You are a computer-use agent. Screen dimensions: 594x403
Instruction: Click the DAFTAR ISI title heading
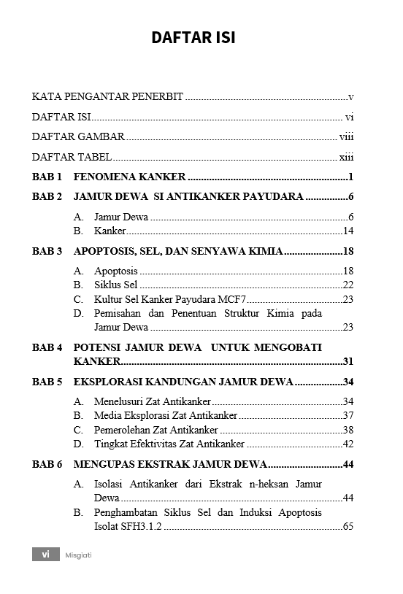point(193,38)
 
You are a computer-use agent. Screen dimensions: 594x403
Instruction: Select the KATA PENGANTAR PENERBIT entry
point(107,96)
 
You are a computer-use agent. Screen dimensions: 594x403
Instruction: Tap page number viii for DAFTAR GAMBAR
point(346,136)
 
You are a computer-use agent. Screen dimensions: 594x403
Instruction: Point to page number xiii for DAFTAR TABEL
point(346,157)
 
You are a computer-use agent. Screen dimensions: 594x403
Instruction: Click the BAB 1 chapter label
point(47,177)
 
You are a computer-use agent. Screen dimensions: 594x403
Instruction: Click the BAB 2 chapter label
point(47,196)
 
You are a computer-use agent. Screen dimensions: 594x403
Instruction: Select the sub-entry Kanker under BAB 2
point(110,231)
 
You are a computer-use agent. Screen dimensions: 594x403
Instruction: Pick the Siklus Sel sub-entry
point(115,285)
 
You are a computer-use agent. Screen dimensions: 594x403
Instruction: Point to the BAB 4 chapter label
point(47,347)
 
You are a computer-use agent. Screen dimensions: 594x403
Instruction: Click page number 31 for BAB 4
point(348,361)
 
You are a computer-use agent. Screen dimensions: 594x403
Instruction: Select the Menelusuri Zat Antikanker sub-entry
point(152,401)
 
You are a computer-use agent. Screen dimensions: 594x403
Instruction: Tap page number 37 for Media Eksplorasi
point(348,415)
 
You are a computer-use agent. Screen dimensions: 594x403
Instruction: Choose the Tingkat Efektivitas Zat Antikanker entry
point(169,444)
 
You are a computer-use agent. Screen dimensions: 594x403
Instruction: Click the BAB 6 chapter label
point(47,464)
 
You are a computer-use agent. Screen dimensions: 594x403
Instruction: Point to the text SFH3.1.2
point(142,526)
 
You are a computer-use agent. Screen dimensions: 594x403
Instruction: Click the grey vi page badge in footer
point(45,555)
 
